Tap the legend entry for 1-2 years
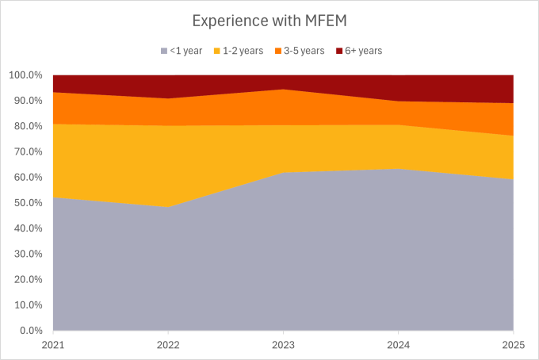coord(243,51)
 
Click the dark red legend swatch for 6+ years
coord(338,51)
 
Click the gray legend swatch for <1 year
coord(163,51)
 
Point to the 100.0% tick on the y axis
coord(25,75)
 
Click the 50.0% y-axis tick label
coord(28,203)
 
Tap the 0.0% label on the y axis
coord(30,331)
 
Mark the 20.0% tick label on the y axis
coord(28,280)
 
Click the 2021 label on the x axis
coord(53,344)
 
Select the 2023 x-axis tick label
coord(283,344)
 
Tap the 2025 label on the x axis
coord(513,344)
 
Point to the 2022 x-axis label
coord(168,344)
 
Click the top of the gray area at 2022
coord(168,207)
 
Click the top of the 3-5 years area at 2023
coord(283,90)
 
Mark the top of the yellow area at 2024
coord(398,124)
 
